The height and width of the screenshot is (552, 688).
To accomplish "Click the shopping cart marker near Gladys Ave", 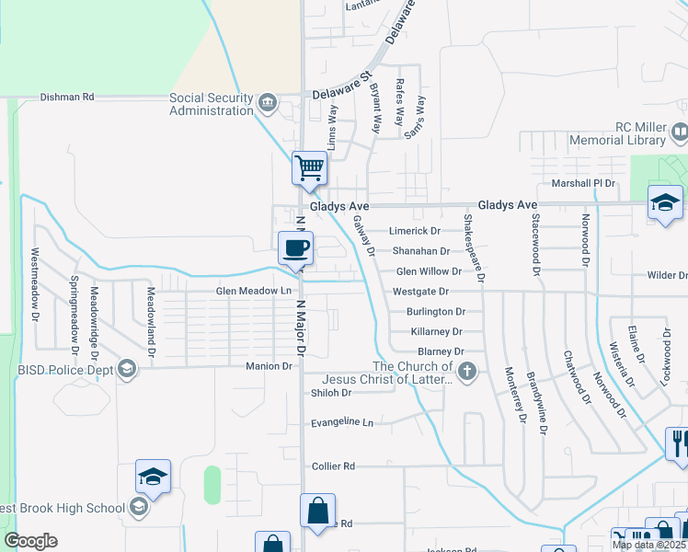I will [310, 168].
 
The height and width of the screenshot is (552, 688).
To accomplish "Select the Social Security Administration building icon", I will [269, 101].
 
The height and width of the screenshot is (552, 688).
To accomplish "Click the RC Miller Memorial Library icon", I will [680, 134].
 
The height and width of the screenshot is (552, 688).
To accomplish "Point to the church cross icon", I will [467, 372].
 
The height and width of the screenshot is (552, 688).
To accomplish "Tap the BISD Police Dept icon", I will [127, 370].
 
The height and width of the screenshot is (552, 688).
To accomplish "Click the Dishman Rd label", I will [67, 97].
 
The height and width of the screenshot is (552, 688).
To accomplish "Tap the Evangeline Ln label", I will [342, 422].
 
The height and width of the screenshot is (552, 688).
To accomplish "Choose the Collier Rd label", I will [333, 466].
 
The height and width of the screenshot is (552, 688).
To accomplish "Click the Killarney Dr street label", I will [436, 331].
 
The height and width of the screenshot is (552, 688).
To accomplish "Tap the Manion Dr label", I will [269, 366].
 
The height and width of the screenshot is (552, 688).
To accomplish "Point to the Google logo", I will [30, 541].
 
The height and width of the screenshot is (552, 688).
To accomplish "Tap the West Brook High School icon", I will [138, 507].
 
